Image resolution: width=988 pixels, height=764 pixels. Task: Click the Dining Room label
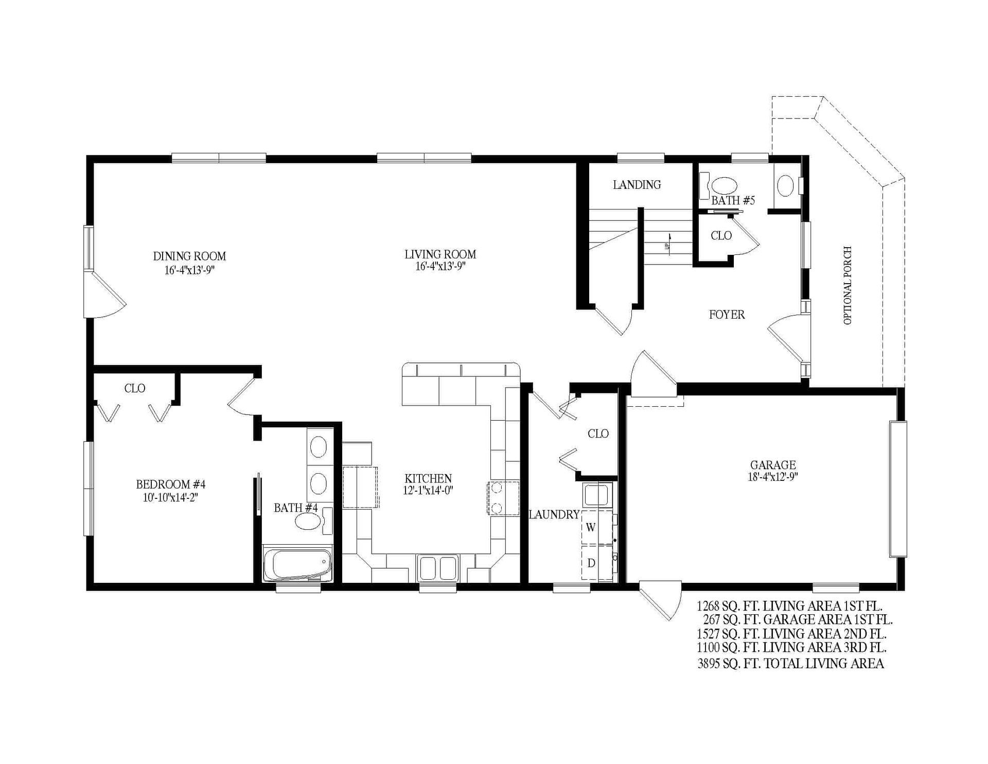189,256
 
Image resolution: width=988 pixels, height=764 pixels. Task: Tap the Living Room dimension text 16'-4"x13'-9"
440,267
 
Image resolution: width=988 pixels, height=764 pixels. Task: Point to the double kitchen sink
438,568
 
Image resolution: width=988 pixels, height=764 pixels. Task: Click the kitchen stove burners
497,497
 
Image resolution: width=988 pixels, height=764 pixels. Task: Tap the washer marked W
591,528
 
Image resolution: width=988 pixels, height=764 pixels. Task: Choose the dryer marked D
591,563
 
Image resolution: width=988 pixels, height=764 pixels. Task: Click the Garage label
773,465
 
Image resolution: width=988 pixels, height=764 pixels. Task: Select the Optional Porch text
848,285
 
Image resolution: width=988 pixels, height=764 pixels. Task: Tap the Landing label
637,185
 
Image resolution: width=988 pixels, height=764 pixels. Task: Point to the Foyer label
727,315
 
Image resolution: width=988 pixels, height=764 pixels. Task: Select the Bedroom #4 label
170,484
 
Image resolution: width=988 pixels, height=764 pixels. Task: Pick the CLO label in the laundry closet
598,434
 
